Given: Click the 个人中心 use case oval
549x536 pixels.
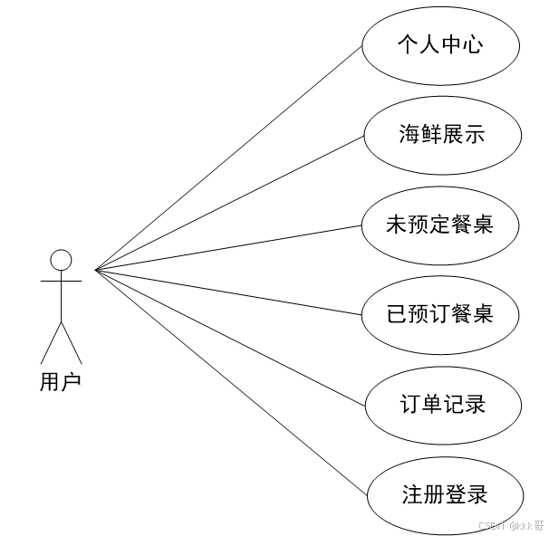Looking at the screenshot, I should pos(440,46).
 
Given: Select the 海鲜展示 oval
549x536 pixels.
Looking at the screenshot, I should pos(442,136).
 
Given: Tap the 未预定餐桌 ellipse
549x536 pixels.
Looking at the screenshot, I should pos(440,224).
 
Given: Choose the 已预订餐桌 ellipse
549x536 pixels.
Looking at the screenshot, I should pos(440,313).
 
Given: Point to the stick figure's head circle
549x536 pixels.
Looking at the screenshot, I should pos(61,261).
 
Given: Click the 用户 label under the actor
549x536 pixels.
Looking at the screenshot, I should pos(61,382).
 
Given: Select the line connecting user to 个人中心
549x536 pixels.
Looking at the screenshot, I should pos(226,159).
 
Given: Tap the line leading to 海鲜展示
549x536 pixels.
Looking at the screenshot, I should pos(226,205).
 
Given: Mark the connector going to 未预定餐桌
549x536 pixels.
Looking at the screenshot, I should pos(226,247).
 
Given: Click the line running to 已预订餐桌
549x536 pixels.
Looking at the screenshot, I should pos(226,292).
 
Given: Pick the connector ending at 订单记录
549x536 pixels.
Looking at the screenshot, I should pos(226,335).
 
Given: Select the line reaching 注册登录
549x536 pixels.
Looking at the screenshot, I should pos(226,380).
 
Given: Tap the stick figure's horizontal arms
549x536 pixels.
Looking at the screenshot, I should pos(61,281).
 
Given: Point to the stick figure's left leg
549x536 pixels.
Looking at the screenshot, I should pos(51,342).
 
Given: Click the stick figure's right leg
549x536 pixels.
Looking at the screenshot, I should pos(72,342).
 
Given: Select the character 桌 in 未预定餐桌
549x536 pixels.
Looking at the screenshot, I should pos(483,224).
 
